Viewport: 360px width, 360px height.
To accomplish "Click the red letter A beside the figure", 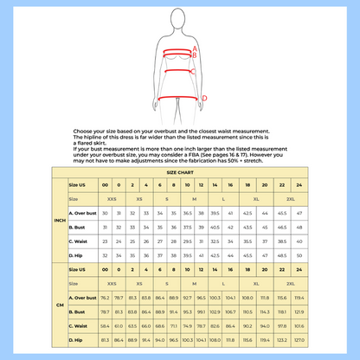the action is coord(195,48).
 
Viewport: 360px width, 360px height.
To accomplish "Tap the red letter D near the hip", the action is coord(204,98).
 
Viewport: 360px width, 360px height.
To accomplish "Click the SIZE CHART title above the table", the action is coord(180,173).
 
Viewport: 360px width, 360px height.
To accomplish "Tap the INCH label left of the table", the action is coord(60,221).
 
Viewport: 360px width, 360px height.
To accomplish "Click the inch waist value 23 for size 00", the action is coord(106,241).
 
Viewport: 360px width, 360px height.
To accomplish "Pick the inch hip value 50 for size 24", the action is coord(299,255).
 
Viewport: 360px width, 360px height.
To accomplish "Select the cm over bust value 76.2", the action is coord(106,297).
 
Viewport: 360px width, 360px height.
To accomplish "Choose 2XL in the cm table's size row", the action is coord(289,283).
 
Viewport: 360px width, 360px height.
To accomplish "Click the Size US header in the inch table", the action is coord(78,185).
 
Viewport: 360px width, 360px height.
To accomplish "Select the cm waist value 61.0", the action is coord(119,325).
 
